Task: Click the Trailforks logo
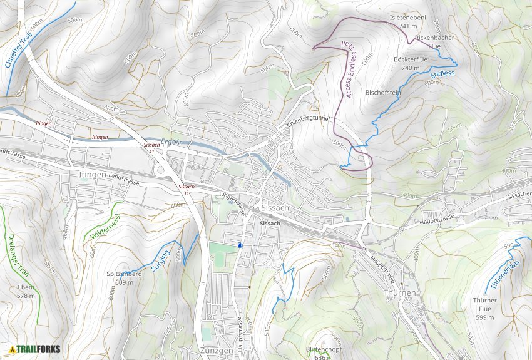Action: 34,349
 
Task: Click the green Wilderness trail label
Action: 105,226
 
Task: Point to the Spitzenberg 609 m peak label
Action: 124,278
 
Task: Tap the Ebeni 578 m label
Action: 26,291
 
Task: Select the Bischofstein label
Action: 382,93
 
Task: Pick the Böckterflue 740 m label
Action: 410,63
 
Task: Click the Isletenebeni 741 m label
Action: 407,22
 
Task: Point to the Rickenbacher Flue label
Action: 434,42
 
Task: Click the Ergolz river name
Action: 170,142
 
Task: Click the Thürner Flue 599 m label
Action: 484,309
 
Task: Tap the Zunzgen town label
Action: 218,350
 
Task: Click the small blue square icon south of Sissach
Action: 240,245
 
